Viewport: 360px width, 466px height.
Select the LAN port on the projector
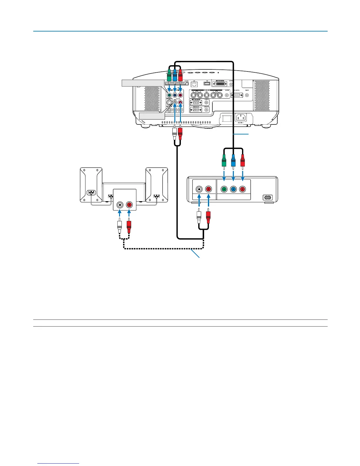pyautogui.click(x=194, y=84)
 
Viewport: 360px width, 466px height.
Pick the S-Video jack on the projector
pyautogui.click(x=169, y=103)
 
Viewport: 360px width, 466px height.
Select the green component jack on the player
pyautogui.click(x=224, y=189)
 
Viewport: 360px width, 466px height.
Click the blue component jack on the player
pyautogui.click(x=233, y=189)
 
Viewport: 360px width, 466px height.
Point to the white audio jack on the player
pyautogui.click(x=199, y=189)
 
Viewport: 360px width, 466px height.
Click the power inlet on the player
pyautogui.click(x=267, y=198)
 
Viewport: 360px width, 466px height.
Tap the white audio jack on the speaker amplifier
pyautogui.click(x=120, y=204)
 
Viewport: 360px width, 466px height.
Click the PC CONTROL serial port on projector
pyautogui.click(x=237, y=95)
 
